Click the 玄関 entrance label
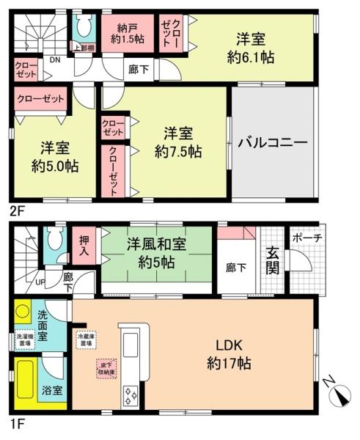(x=272, y=260)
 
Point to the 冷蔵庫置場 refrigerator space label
(x=86, y=339)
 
